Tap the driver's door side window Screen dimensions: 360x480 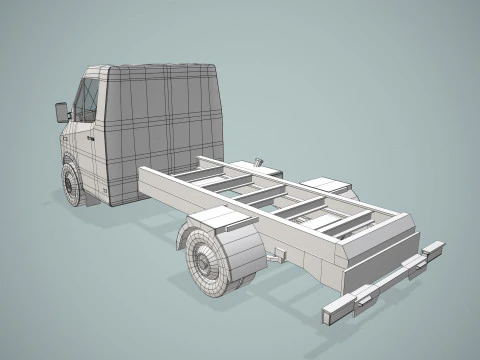(86, 102)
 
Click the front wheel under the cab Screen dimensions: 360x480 (72, 184)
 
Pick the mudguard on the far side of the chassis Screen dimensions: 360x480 (327, 185)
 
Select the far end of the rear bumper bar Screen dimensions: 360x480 (436, 247)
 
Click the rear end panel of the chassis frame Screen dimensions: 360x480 (376, 250)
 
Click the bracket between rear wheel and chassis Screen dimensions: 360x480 (271, 255)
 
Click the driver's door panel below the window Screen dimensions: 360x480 (90, 150)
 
